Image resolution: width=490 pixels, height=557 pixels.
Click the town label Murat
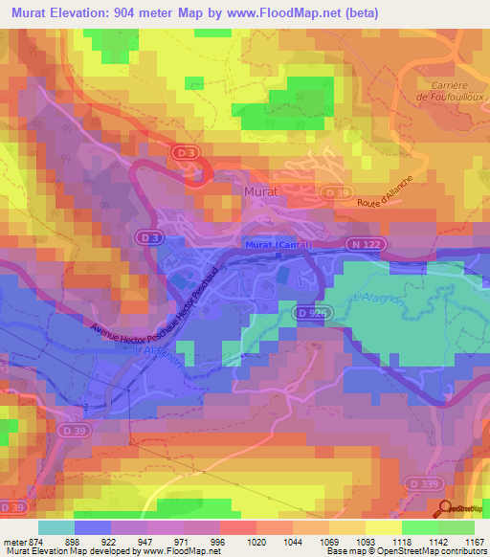(x=258, y=191)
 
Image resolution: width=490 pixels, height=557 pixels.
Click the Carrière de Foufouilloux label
(x=448, y=90)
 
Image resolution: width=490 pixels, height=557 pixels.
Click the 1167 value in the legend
(x=473, y=541)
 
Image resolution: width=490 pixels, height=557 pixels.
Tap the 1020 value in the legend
(x=255, y=541)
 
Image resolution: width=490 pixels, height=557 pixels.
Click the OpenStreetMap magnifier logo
(x=446, y=510)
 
